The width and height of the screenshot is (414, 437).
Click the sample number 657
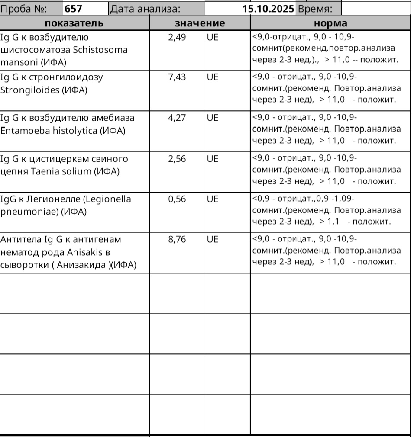coord(74,8)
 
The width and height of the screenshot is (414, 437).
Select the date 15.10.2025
coord(268,8)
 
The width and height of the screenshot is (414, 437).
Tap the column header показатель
coord(74,23)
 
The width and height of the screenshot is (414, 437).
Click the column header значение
coord(200,23)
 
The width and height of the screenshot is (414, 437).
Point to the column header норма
coord(330,23)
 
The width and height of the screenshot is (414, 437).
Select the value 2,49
coord(177,37)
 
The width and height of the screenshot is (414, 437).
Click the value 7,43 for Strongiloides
coord(177,77)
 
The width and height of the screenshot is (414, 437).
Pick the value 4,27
coord(177,118)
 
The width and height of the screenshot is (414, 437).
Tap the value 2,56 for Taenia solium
coord(177,159)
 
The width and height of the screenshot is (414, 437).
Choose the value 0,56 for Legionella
coord(177,199)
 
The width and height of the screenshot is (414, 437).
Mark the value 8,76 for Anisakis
coord(177,239)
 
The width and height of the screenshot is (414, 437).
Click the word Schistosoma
coord(100,50)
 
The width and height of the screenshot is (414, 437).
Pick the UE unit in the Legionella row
coord(213,199)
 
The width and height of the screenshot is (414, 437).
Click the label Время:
coord(315,8)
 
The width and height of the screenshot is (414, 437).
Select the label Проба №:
coord(24,8)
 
